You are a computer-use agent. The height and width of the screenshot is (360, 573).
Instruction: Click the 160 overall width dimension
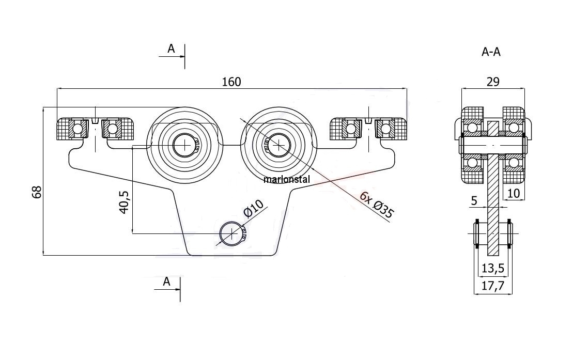231,82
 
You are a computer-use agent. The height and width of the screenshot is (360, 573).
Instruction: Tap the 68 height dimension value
37,192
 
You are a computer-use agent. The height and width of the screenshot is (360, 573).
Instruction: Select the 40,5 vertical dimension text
124,202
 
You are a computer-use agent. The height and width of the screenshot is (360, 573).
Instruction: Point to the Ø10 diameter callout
253,209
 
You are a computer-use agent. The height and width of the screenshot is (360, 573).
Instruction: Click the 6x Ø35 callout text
376,206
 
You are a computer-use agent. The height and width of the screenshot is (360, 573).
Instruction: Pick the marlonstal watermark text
286,179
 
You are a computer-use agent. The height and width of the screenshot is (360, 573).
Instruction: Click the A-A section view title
491,52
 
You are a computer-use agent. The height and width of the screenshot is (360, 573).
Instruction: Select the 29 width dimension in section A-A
492,82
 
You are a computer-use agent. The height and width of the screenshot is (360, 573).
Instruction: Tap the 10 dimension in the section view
514,193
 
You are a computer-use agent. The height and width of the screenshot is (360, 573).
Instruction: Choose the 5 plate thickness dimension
474,200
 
